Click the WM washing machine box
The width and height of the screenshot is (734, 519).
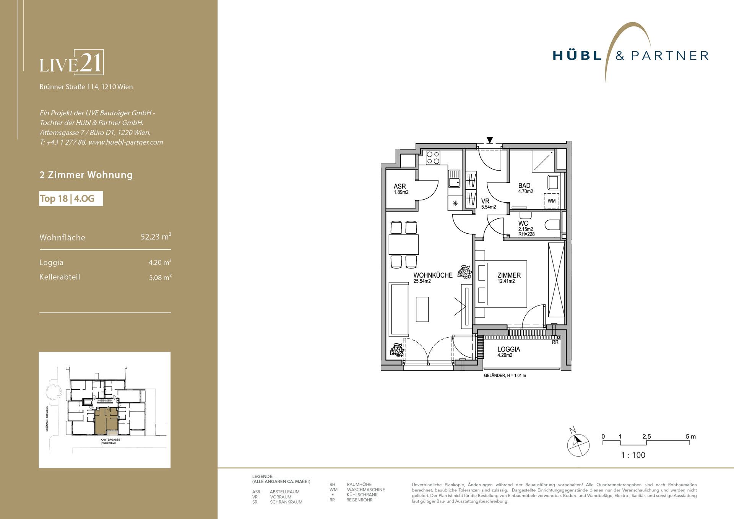coord(551,201)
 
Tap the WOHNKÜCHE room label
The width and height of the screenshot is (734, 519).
coord(433,275)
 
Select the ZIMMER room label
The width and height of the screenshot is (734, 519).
coord(509,275)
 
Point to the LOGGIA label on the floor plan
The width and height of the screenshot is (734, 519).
coord(508,349)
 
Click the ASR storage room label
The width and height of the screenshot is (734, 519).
coord(399,186)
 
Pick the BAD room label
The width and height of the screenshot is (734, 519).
coord(524,185)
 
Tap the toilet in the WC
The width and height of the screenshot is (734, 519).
coord(553,225)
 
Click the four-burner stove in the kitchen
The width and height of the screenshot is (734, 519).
coord(433,158)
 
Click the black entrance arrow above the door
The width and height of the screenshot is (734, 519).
coord(490,140)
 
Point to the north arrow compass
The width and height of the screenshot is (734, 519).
coord(578,444)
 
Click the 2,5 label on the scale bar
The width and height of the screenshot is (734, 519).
coord(646,436)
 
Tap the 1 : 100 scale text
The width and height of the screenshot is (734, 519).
coord(633,455)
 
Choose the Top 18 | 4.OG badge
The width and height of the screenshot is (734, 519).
coord(71,198)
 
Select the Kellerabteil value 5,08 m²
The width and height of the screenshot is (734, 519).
coord(160,277)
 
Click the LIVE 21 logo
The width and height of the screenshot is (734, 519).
coord(71,62)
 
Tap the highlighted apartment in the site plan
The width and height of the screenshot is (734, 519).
coord(106,420)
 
